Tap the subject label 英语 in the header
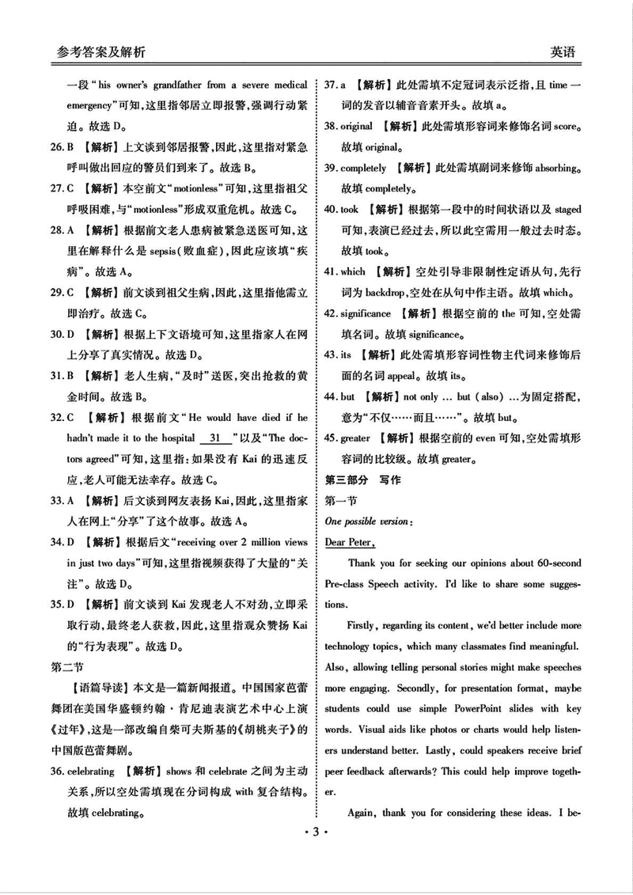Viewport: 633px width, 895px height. click(563, 52)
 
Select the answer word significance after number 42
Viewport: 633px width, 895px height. click(366, 313)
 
